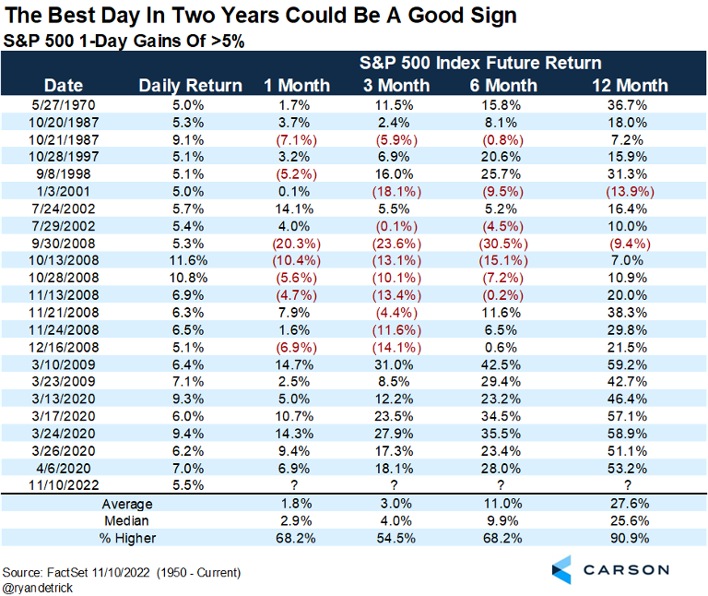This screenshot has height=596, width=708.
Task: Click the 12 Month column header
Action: click(x=630, y=86)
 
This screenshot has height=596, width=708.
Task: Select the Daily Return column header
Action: click(x=191, y=86)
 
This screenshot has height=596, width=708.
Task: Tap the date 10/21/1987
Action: click(x=64, y=140)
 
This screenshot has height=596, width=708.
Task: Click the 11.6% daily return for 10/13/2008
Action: click(x=188, y=261)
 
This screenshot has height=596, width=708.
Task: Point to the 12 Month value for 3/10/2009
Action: click(x=627, y=364)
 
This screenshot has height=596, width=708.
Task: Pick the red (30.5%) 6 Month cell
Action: click(x=503, y=244)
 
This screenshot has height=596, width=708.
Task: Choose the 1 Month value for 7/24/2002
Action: click(x=294, y=209)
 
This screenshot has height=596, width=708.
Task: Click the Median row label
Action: click(x=126, y=521)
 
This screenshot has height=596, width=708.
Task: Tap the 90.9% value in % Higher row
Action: click(x=630, y=538)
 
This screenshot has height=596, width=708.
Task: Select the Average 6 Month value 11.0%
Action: click(x=502, y=504)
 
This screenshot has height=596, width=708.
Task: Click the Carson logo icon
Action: click(x=561, y=569)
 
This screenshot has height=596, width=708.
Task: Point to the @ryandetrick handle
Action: click(x=38, y=588)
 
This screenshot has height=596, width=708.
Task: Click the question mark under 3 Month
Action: click(x=395, y=485)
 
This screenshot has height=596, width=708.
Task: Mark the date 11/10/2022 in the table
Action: click(x=64, y=485)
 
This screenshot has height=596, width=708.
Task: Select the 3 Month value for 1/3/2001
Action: click(x=396, y=192)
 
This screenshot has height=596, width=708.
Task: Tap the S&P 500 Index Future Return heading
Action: click(x=480, y=63)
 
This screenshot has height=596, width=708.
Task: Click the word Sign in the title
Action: click(x=493, y=16)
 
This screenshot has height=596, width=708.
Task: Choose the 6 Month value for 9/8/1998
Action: click(x=501, y=174)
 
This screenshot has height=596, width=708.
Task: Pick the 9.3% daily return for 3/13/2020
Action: click(x=188, y=399)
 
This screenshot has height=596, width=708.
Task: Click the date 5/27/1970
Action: click(x=64, y=105)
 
